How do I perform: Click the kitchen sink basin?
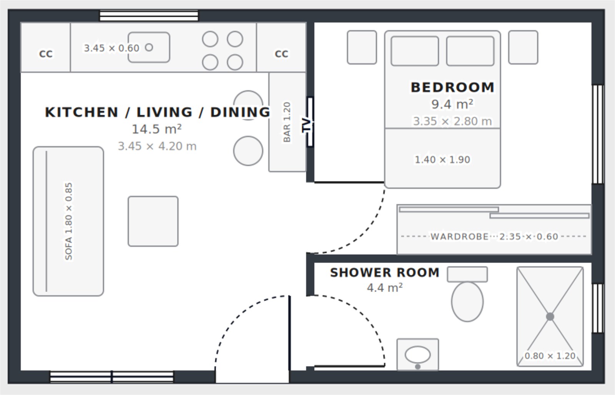[149, 47]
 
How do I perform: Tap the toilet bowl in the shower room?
[467, 301]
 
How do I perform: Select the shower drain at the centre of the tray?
[550, 316]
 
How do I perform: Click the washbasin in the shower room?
[417, 355]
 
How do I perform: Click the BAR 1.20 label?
[287, 122]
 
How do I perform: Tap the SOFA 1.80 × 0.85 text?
[68, 221]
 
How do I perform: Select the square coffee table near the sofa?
[153, 221]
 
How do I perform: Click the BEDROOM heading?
[452, 87]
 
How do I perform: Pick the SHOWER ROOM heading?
[385, 273]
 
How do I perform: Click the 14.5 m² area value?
[157, 129]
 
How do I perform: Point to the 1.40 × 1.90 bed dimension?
[442, 159]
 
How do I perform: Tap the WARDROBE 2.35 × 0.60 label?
[494, 236]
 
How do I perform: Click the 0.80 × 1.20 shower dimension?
[550, 356]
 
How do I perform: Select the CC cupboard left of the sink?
[46, 47]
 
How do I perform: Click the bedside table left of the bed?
[362, 47]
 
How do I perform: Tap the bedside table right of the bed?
[523, 47]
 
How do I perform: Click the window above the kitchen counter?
[149, 16]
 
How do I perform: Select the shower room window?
[598, 308]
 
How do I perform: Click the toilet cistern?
[467, 274]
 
